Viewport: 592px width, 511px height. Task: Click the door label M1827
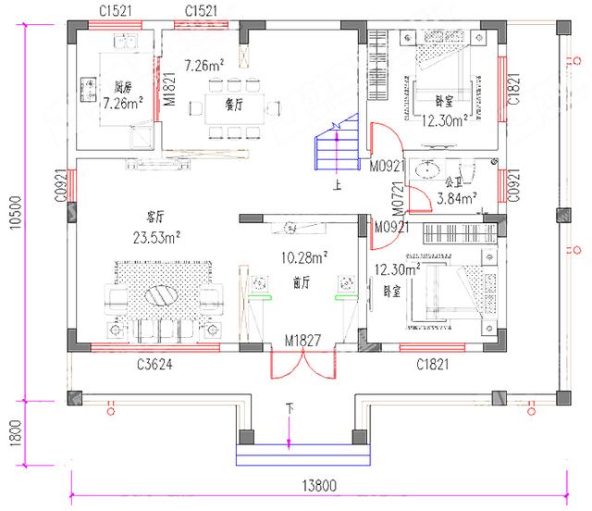coord(302,341)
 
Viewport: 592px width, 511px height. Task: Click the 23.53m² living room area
coord(156,236)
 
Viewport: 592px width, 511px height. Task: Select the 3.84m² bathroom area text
coord(456,197)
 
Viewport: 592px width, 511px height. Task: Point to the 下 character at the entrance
coord(290,406)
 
